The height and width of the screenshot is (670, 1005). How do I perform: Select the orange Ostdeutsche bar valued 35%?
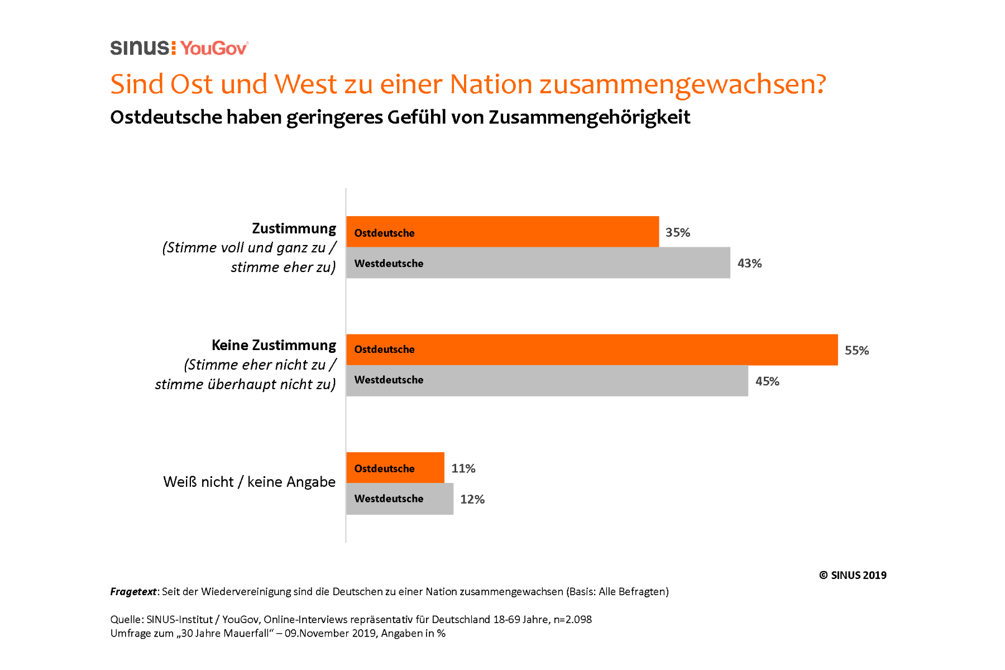(502, 232)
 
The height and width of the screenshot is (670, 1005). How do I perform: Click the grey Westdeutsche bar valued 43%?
(538, 263)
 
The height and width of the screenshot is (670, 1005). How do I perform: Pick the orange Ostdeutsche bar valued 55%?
(592, 350)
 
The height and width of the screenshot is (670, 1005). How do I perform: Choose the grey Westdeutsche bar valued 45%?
(547, 380)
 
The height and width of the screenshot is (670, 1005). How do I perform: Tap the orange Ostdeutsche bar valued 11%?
(395, 468)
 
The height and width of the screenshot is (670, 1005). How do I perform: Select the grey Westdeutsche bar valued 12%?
(400, 499)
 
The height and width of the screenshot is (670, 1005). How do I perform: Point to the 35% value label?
(678, 232)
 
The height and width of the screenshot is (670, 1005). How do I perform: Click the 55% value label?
(856, 351)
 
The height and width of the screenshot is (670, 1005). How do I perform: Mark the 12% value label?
(472, 499)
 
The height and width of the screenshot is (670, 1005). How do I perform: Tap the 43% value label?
(749, 264)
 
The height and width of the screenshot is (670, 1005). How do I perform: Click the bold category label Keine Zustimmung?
(274, 345)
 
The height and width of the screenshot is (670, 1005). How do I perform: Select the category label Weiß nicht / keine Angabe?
(249, 482)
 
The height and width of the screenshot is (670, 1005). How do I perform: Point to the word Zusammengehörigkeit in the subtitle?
(590, 117)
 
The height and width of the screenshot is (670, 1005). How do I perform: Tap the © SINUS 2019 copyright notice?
(853, 575)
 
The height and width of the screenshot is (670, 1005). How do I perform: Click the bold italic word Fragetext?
(133, 592)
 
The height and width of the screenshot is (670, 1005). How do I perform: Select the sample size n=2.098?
(572, 619)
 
